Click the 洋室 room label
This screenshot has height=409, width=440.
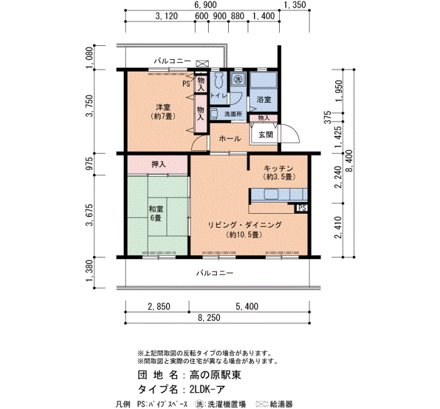coord(163,107)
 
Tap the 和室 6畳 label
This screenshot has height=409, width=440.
coord(156,213)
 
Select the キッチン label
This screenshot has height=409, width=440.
coord(278,168)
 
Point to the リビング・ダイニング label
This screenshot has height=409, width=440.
coord(245,225)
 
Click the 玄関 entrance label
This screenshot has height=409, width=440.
coord(265,135)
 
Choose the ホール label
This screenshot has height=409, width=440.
coord(229,138)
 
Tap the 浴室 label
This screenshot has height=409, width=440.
coord(264,99)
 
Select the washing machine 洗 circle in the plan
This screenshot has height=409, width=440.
coord(238,79)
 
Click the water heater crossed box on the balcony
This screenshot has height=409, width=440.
coord(202,64)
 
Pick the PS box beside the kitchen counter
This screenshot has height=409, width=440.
coord(302,208)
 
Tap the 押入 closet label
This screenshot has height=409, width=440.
coord(158,164)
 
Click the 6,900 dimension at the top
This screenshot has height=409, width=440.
coord(206,5)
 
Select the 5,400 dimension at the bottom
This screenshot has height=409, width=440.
coord(246,306)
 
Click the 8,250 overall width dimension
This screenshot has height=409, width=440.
coord(209,318)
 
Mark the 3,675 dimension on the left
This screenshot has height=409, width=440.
coord(89,215)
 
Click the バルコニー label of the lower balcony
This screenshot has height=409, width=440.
coord(215,273)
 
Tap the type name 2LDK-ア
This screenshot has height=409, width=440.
coord(207,389)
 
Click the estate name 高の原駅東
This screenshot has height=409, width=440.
coord(215,375)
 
